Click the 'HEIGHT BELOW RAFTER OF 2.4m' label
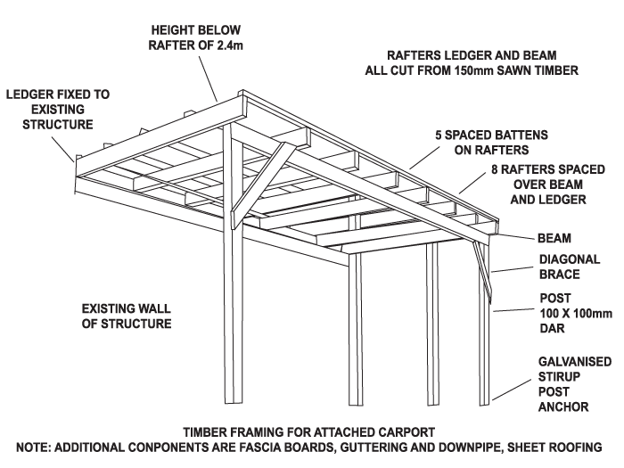coord(195,37)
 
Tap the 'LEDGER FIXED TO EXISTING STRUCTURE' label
coord(58,110)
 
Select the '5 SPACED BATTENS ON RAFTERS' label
coord(491,143)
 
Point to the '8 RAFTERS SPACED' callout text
coord(548,169)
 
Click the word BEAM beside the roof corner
coord(554,238)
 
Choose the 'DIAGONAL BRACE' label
coord(569,267)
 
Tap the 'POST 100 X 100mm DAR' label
coord(576,313)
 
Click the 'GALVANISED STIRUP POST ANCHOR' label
coord(575,384)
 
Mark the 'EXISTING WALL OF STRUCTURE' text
coord(127,316)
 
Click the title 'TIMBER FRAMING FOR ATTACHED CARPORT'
coord(308,432)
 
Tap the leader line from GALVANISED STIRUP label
coord(512,390)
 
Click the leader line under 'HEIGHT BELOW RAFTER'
coord(209,78)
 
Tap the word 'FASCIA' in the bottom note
coord(262,447)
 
